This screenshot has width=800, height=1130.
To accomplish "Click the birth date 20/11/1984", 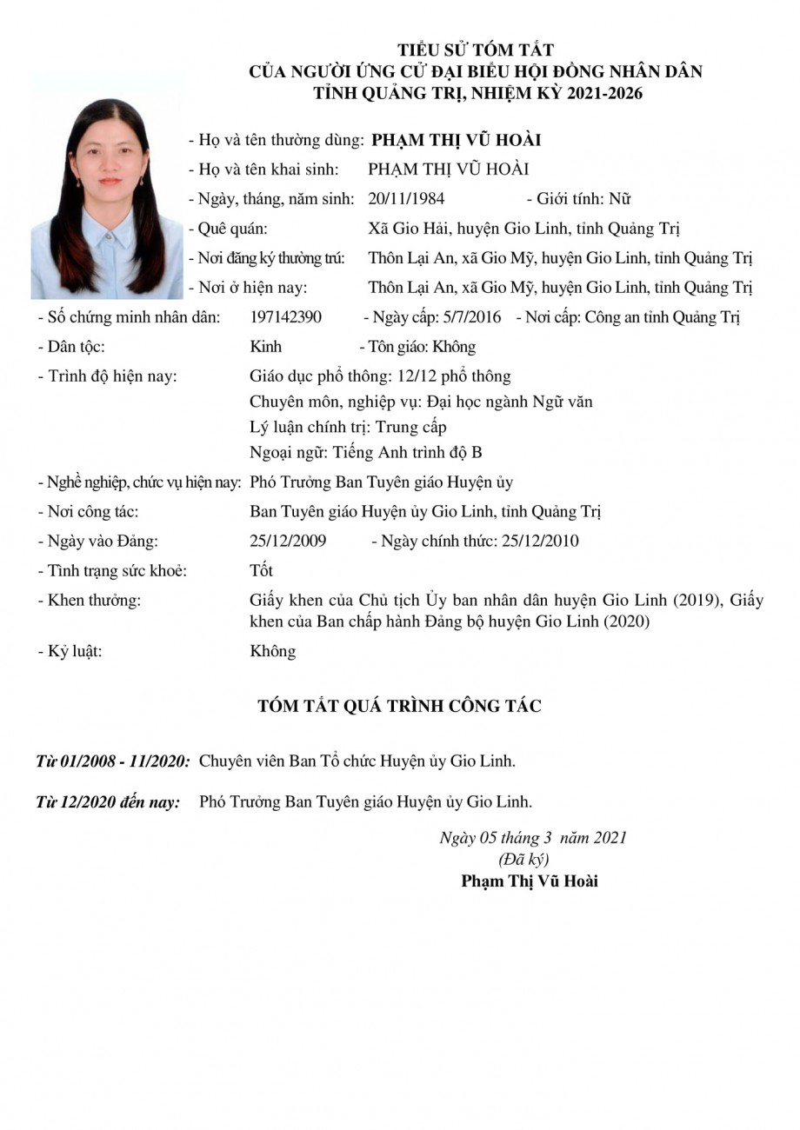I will [406, 199].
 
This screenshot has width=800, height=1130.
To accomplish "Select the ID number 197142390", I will [285, 317].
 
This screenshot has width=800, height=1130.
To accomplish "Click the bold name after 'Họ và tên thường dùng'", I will [457, 140].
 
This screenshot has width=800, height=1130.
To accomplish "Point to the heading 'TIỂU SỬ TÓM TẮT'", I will [476, 50].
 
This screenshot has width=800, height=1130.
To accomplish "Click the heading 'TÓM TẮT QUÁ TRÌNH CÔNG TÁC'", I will [399, 706].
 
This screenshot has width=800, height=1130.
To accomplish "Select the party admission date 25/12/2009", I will [288, 542].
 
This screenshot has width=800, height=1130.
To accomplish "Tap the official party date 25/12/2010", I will [538, 542].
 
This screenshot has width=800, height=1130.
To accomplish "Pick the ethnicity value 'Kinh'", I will [265, 347].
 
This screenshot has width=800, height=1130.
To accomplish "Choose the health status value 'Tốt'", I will [261, 571].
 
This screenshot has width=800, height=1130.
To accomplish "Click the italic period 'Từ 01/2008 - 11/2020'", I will [113, 761].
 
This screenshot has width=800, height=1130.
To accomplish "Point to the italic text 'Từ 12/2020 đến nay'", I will [108, 802].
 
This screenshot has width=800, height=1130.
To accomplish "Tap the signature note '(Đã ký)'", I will [523, 860].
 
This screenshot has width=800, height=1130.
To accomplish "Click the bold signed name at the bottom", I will [530, 881].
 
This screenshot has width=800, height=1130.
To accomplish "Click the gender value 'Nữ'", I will [619, 199].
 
